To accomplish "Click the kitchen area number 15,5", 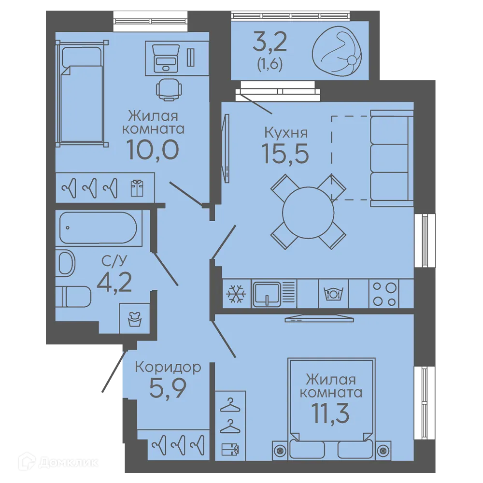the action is [x=285, y=154].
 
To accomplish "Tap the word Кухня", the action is [x=286, y=133].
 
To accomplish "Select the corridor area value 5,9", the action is [x=168, y=388].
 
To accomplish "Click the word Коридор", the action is [x=168, y=367].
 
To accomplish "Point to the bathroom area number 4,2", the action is [x=114, y=282].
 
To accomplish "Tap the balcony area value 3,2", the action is [x=270, y=42].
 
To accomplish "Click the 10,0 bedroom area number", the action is [x=153, y=150].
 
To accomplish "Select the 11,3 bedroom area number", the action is [x=330, y=413].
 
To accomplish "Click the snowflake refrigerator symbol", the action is [x=236, y=293].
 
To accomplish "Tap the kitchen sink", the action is [x=267, y=294].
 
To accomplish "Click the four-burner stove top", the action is [x=384, y=294].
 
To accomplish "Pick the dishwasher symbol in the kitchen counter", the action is [x=333, y=294].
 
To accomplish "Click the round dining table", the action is [x=308, y=212].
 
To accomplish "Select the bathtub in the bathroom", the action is [x=98, y=227].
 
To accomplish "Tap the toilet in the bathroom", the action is [x=73, y=297].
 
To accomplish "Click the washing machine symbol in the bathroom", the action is [x=134, y=318].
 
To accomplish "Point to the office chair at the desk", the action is [x=169, y=89].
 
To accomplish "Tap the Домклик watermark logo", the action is [x=58, y=462].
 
